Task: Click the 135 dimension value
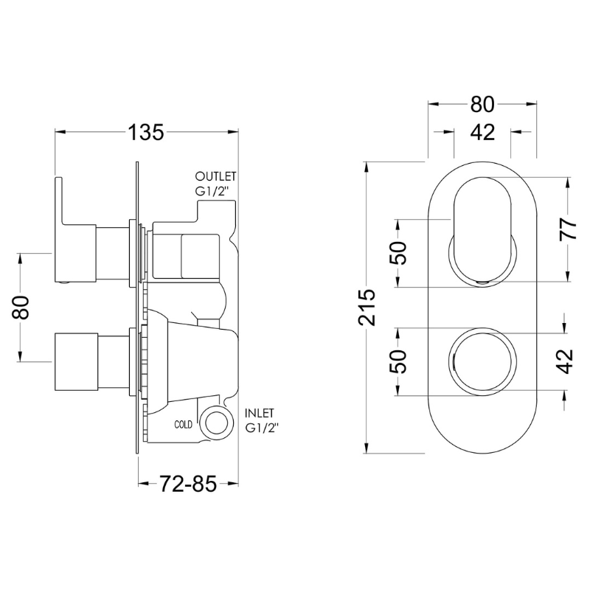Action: click(x=146, y=132)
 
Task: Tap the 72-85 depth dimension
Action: click(x=188, y=484)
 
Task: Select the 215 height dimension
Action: click(x=367, y=308)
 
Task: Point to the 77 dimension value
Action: click(x=568, y=229)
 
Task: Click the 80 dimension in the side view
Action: click(x=21, y=308)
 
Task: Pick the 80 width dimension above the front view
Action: click(x=482, y=104)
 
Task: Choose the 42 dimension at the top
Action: click(x=483, y=132)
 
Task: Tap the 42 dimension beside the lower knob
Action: click(x=566, y=361)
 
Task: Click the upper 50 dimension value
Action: click(x=398, y=253)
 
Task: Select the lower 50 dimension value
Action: click(x=398, y=361)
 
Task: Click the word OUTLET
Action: click(x=215, y=176)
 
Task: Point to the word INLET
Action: click(x=260, y=413)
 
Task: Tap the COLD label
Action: click(x=183, y=425)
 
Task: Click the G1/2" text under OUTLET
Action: click(x=212, y=191)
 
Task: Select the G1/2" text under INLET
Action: click(x=262, y=428)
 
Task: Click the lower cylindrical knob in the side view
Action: click(x=76, y=361)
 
